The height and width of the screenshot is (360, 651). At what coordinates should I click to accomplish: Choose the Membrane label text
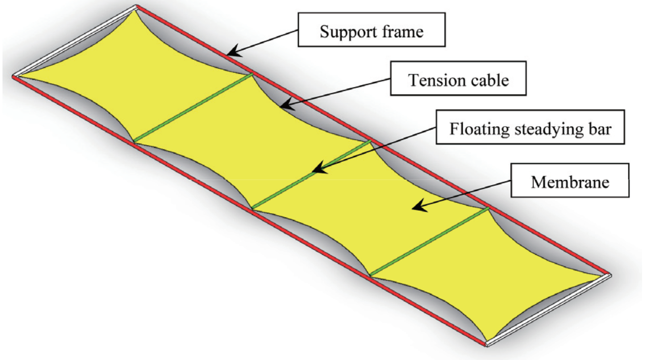570,182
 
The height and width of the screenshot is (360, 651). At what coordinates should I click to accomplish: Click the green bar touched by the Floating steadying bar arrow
311,174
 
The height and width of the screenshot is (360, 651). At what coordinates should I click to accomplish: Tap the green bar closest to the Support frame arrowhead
193,108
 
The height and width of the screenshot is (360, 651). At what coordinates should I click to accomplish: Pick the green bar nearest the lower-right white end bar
430,241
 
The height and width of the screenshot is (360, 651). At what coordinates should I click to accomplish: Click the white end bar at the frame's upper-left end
75,41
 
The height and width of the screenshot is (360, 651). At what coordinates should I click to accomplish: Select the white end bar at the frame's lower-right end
549,310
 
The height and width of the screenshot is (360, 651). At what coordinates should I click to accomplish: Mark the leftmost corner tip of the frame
13,77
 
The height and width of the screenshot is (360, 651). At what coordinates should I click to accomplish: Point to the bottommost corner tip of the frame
486,346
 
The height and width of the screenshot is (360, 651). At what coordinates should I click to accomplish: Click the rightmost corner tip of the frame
610,275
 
